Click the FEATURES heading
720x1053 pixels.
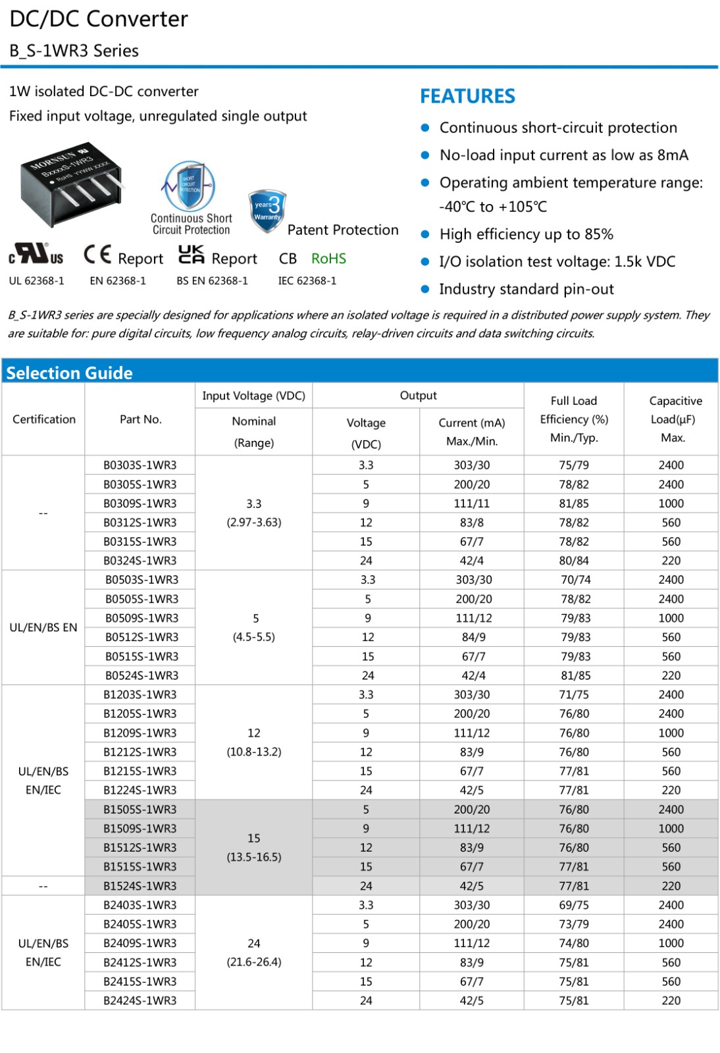tap(467, 96)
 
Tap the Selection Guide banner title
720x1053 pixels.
tap(69, 372)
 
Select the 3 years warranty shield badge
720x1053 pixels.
tap(267, 211)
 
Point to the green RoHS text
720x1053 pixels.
tap(328, 259)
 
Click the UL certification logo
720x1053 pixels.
tap(36, 255)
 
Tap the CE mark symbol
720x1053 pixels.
tap(97, 255)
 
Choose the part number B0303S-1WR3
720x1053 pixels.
tap(140, 465)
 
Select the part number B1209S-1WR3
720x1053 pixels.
tap(140, 732)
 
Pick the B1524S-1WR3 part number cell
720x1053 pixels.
tap(140, 886)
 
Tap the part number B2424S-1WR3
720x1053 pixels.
tap(140, 1000)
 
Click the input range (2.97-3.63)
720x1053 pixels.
tap(254, 522)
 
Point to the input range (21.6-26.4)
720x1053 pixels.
tap(254, 962)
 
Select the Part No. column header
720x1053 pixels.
tap(140, 419)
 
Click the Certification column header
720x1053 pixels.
tap(44, 419)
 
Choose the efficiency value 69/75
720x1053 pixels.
tap(574, 905)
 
